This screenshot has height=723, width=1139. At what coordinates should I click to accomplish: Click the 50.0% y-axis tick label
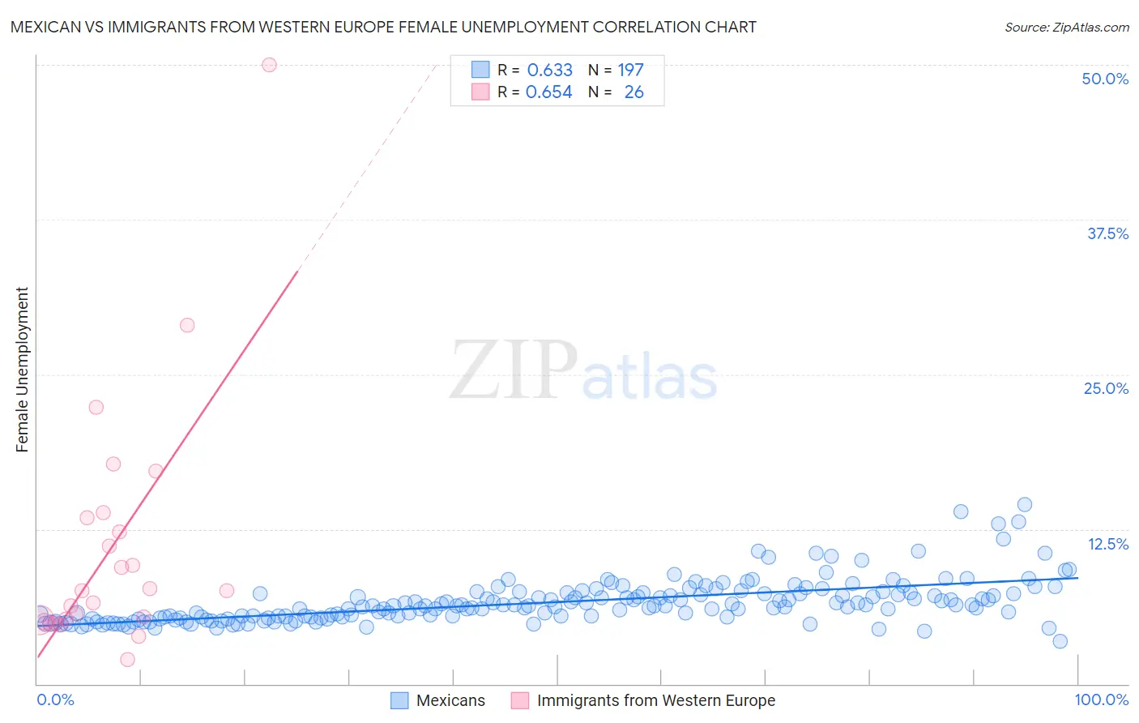click(x=1105, y=79)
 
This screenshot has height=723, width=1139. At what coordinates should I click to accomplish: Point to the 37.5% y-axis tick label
click(x=1108, y=233)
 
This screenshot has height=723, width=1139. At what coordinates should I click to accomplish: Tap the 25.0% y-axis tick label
click(x=1106, y=389)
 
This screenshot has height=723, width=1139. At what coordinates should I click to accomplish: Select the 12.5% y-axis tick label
click(x=1108, y=544)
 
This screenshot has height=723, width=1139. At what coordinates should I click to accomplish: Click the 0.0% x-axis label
click(x=55, y=700)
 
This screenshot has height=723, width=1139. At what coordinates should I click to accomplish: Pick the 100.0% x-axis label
click(x=1102, y=700)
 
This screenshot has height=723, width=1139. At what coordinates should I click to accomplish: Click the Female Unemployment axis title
click(x=22, y=370)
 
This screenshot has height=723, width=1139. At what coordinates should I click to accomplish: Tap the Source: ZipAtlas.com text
click(x=1067, y=28)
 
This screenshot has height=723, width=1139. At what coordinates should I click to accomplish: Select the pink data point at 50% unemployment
click(x=270, y=65)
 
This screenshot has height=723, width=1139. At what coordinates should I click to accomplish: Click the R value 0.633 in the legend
click(x=550, y=70)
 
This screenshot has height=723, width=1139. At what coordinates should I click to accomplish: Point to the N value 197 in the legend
click(x=630, y=70)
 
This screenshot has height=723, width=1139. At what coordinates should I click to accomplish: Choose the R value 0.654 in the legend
click(x=549, y=92)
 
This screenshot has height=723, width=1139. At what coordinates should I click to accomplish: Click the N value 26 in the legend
click(x=634, y=92)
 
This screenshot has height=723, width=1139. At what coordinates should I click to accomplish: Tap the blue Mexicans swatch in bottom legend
click(x=399, y=700)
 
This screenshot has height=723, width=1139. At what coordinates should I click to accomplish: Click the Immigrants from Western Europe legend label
click(x=656, y=700)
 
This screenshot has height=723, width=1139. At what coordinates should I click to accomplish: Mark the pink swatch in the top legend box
click(x=480, y=92)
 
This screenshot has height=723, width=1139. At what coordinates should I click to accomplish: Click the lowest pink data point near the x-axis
click(x=128, y=660)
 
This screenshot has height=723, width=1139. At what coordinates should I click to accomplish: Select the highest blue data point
click(x=1025, y=505)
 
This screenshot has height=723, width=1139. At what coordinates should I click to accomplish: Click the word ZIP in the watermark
click(x=514, y=369)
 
